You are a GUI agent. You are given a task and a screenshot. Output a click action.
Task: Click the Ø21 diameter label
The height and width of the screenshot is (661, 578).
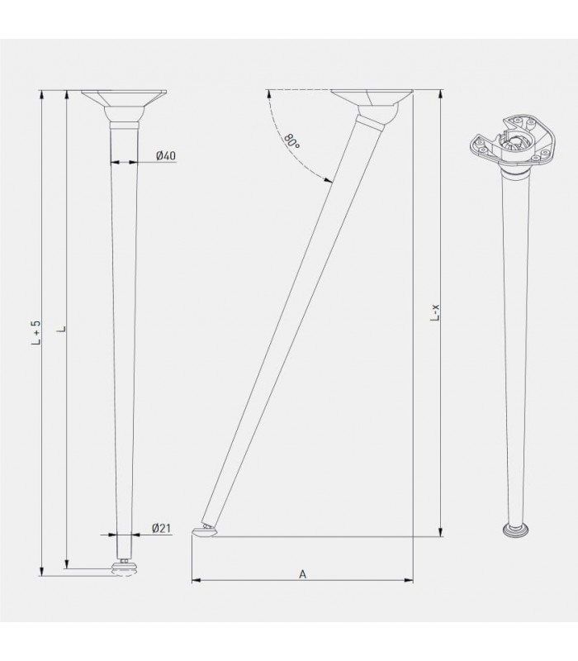(161, 529)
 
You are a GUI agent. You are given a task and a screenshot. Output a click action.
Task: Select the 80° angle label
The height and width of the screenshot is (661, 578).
(291, 140)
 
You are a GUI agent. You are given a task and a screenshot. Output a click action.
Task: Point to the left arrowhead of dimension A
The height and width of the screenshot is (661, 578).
(196, 582)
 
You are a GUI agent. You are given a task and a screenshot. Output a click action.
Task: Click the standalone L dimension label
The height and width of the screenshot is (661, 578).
(64, 329)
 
